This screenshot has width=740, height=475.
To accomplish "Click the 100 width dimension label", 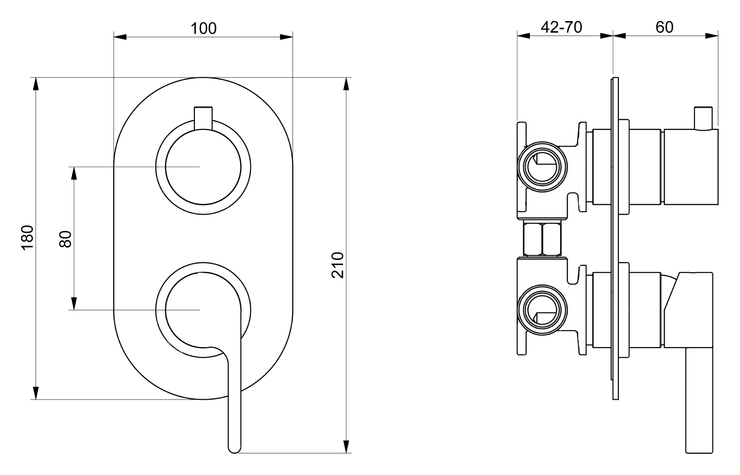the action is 203,28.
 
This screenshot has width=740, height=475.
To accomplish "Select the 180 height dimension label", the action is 27,238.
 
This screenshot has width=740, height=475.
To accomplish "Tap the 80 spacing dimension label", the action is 65,239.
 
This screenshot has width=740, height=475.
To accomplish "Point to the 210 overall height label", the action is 338,265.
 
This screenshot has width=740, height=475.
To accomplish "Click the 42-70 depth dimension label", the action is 561,27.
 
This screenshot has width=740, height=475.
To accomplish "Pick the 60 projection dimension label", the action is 664,27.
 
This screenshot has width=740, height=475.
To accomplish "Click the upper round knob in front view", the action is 203,167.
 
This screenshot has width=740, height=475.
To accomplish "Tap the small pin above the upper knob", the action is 203,118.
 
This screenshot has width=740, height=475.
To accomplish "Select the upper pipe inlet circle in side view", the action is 542,167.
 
